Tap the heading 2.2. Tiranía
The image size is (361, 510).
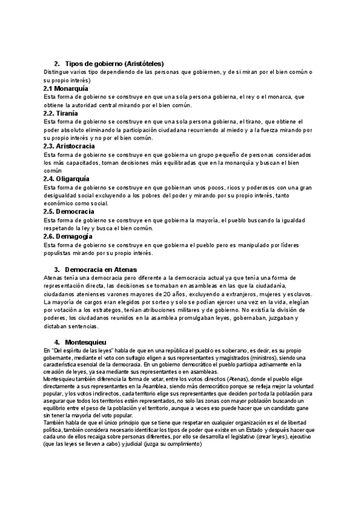63,113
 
